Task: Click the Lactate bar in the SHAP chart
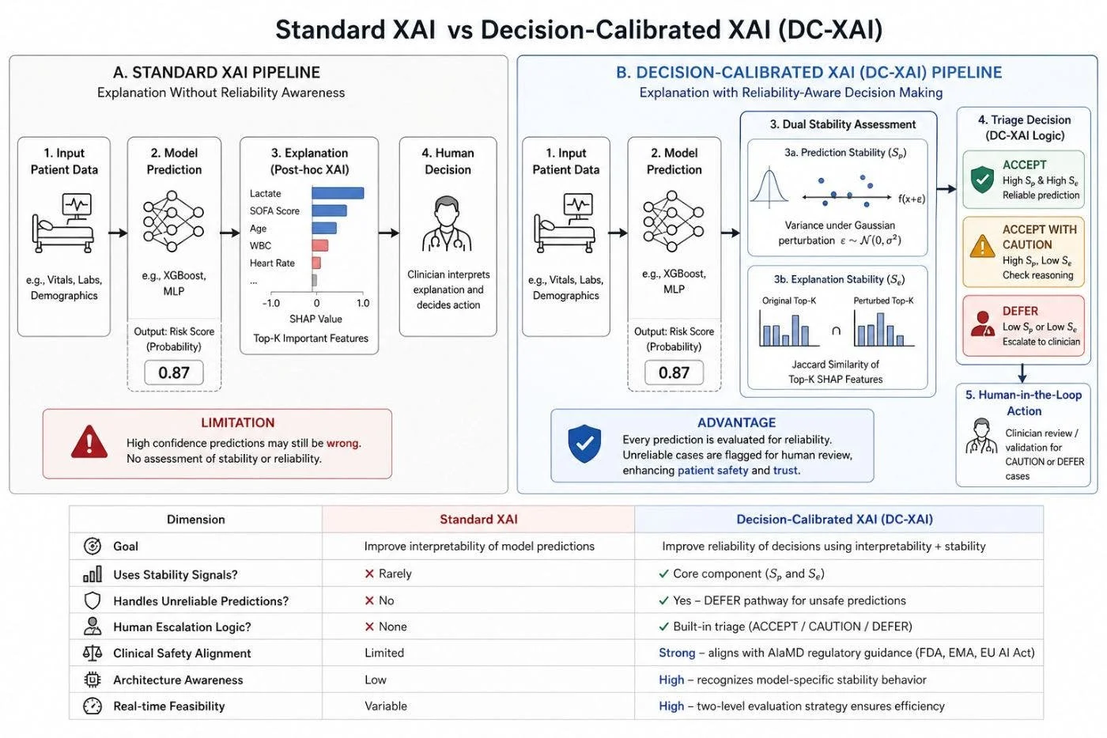338,193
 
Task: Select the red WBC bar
320,245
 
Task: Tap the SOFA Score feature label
274,211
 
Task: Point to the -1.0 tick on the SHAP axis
270,303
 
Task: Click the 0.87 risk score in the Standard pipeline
174,373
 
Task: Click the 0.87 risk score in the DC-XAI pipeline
674,373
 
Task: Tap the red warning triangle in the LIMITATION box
89,442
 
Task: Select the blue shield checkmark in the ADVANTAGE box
584,444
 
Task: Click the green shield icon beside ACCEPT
982,179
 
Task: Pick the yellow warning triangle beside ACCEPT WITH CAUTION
982,246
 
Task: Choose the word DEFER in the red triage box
1020,311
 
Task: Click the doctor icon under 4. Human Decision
448,223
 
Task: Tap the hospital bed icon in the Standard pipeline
63,223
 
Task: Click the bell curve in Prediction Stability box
769,187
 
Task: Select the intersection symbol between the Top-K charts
837,331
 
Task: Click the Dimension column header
196,519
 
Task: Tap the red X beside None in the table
369,626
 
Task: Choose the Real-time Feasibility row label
169,706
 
